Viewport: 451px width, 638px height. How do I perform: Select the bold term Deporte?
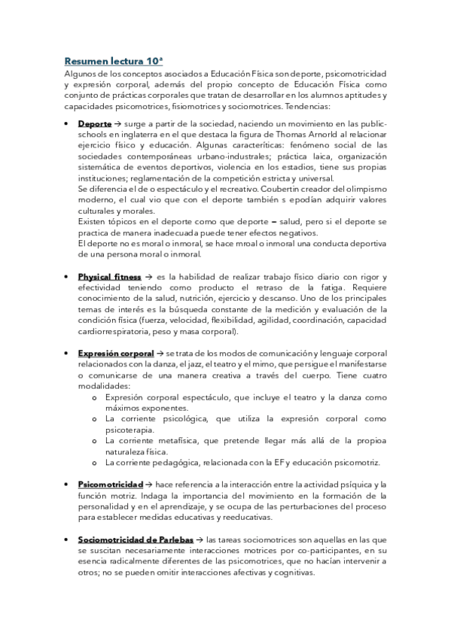(x=94, y=123)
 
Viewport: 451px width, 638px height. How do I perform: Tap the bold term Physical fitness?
(x=109, y=277)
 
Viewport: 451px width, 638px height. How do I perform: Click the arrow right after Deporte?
(x=118, y=123)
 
